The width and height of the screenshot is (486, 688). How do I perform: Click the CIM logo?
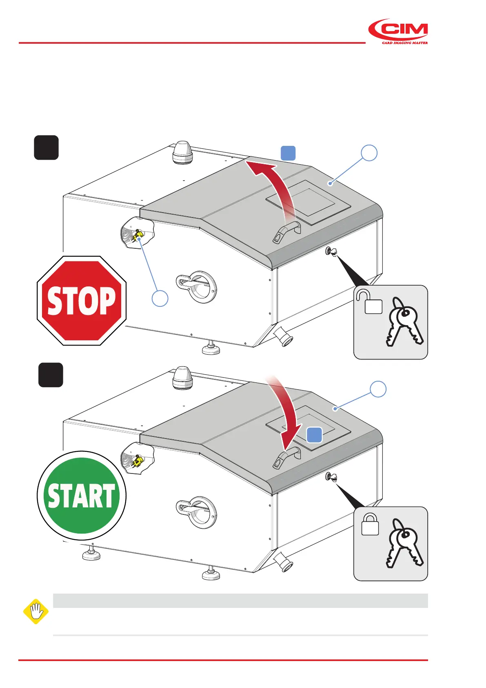(x=398, y=31)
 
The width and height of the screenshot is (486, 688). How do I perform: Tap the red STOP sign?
(x=82, y=301)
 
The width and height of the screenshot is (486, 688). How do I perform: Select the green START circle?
(x=82, y=495)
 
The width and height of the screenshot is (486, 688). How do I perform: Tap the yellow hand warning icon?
(x=36, y=612)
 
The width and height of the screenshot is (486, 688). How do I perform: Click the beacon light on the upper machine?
(x=182, y=152)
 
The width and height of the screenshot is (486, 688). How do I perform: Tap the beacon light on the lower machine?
(x=182, y=378)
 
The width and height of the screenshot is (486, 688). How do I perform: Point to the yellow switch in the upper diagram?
(x=138, y=236)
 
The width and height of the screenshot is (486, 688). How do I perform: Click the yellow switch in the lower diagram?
(x=138, y=461)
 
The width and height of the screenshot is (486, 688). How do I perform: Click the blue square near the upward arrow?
(x=288, y=153)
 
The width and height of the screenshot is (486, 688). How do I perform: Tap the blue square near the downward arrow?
(x=314, y=435)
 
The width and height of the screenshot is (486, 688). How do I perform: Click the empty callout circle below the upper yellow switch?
(x=160, y=298)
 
